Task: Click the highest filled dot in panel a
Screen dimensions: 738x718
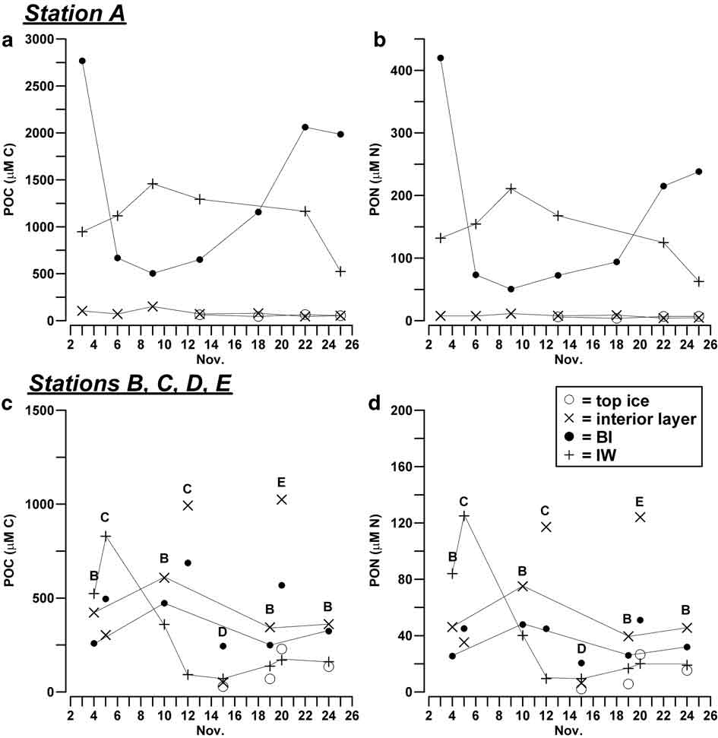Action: coord(82,61)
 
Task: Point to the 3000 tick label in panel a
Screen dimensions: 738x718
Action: coord(41,40)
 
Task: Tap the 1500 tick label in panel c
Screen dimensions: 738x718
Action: coord(41,410)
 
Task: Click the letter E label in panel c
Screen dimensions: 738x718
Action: coord(281,481)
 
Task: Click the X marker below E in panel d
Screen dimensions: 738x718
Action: coord(640,517)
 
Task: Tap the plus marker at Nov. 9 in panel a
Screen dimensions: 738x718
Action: coord(153,184)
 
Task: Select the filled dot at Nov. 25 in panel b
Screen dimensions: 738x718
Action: coord(698,172)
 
